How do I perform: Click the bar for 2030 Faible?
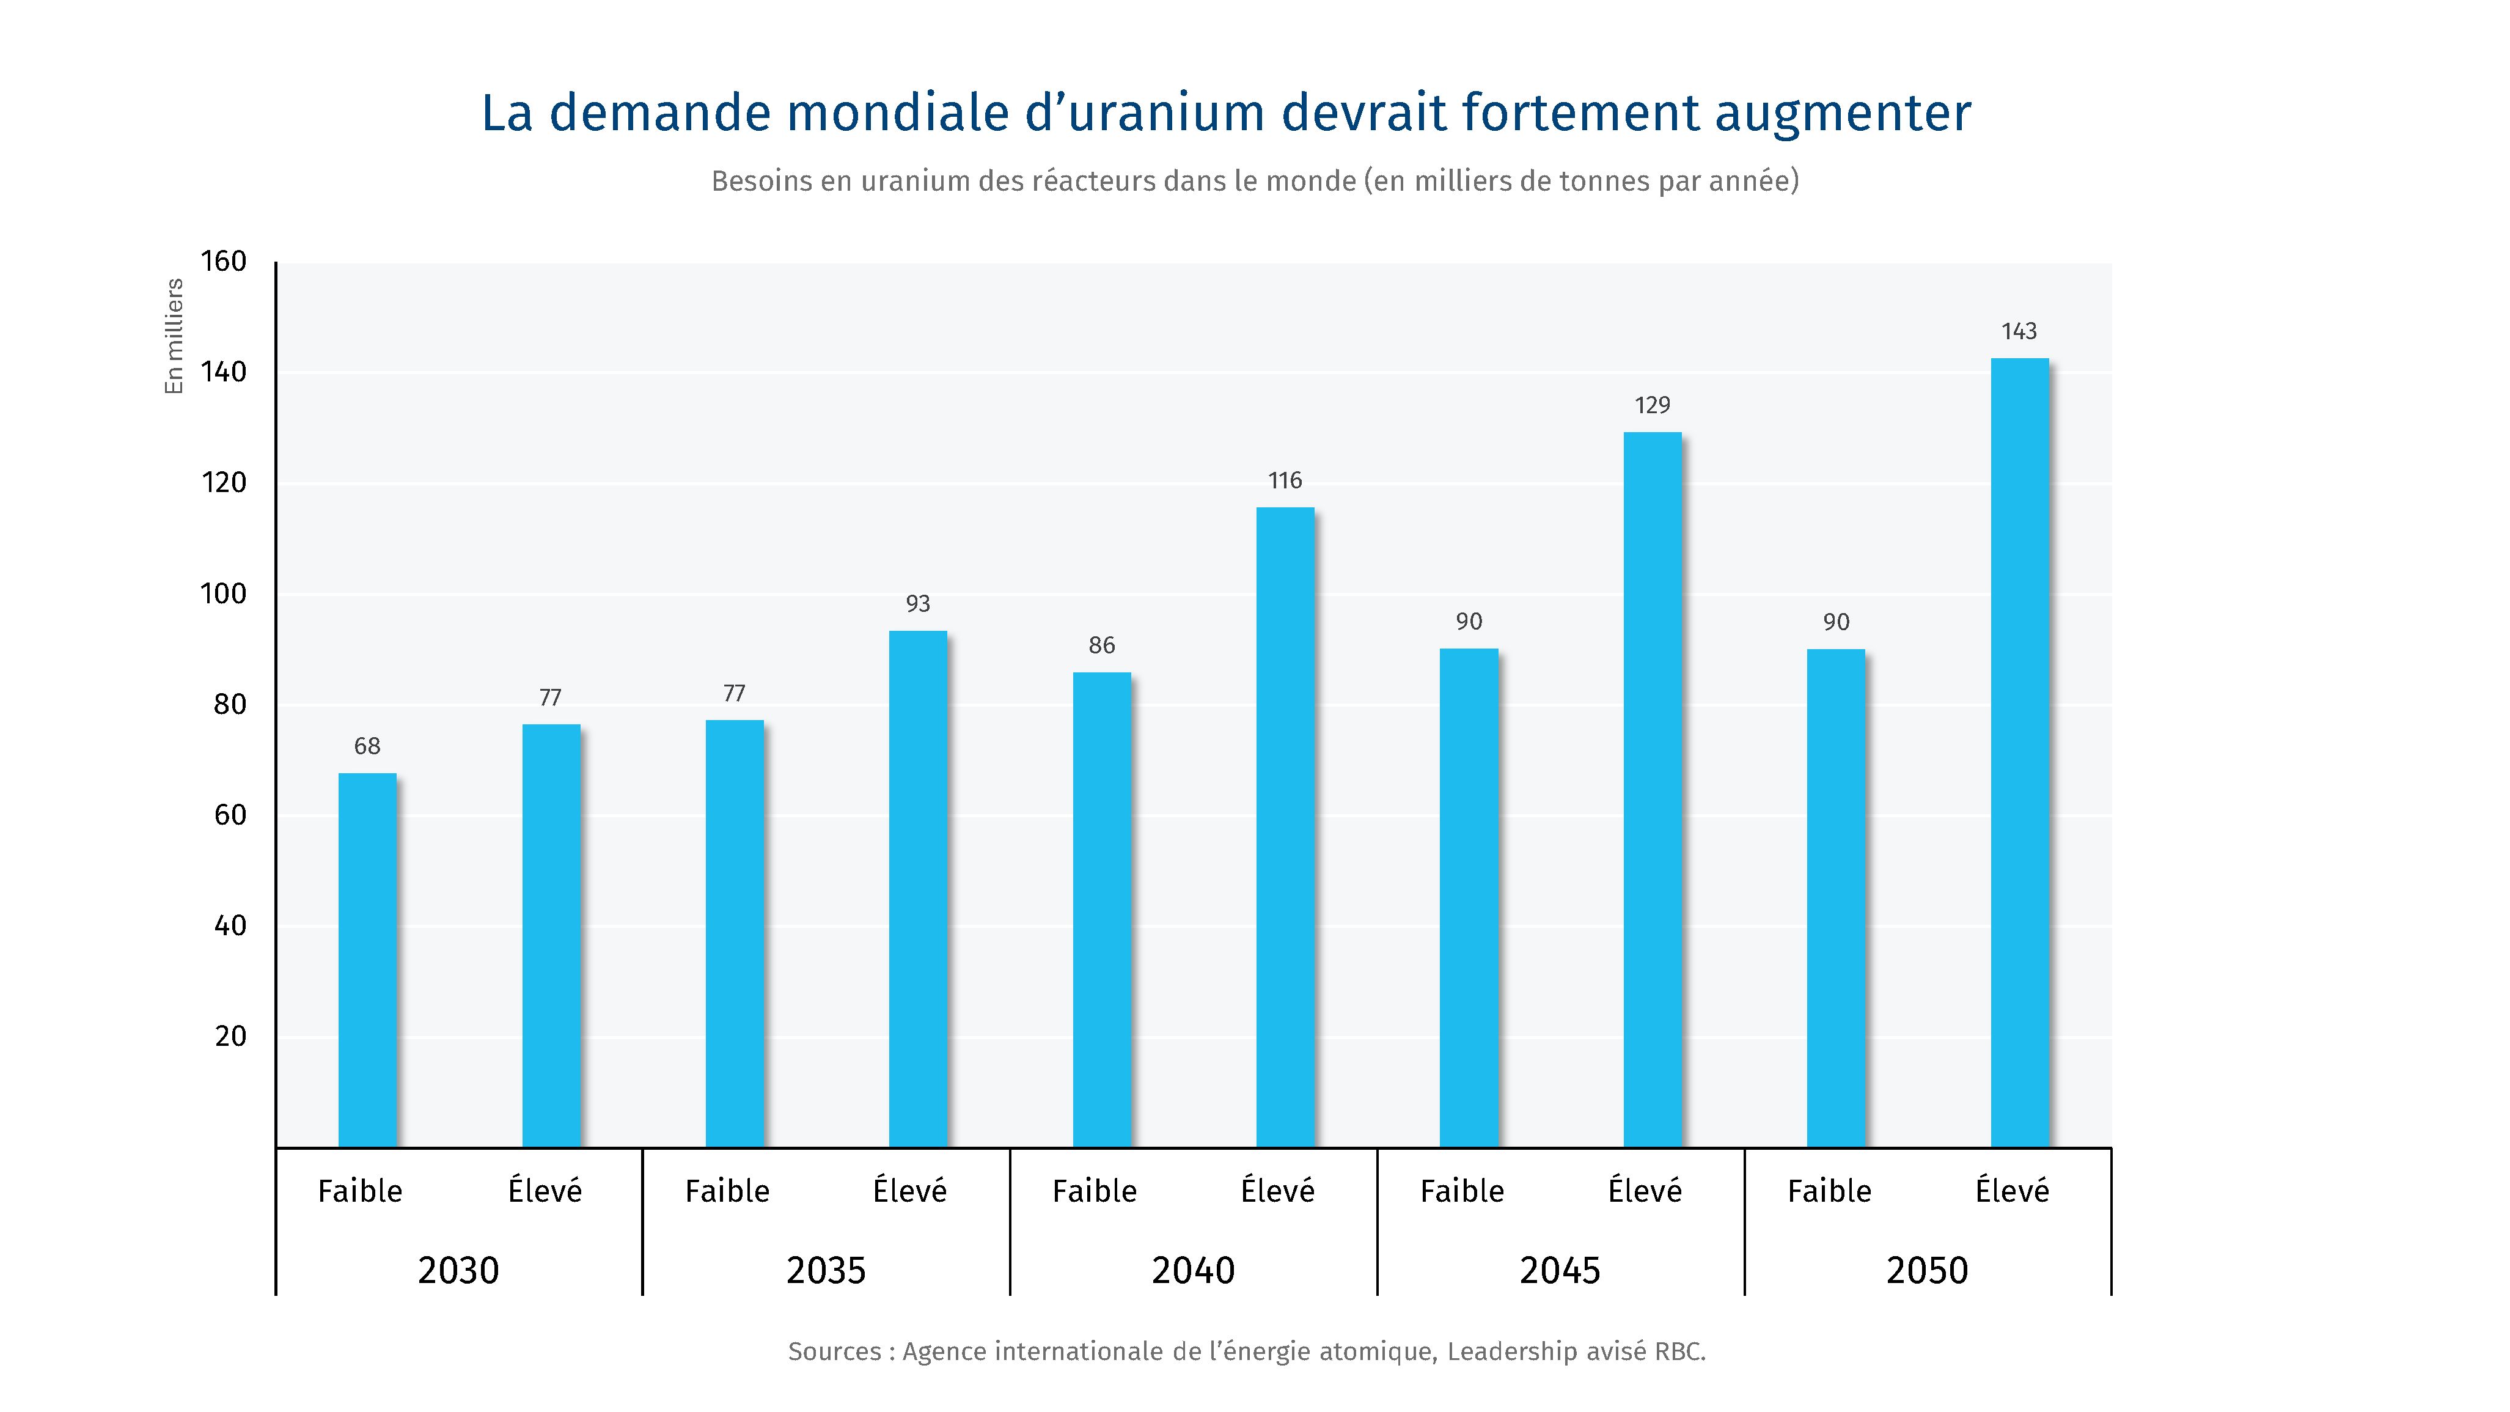[367, 960]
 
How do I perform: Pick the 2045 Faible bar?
[1469, 897]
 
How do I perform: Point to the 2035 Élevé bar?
[918, 889]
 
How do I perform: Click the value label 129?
[1653, 405]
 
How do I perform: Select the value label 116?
[1285, 480]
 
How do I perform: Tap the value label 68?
[367, 746]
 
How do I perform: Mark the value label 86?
[1102, 645]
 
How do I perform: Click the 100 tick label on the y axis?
[223, 594]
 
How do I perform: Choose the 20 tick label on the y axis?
[230, 1036]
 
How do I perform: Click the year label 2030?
[458, 1271]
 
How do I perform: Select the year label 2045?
[1560, 1271]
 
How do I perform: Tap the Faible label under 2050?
[1829, 1191]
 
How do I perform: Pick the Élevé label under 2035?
[909, 1190]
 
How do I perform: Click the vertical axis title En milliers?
[174, 336]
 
